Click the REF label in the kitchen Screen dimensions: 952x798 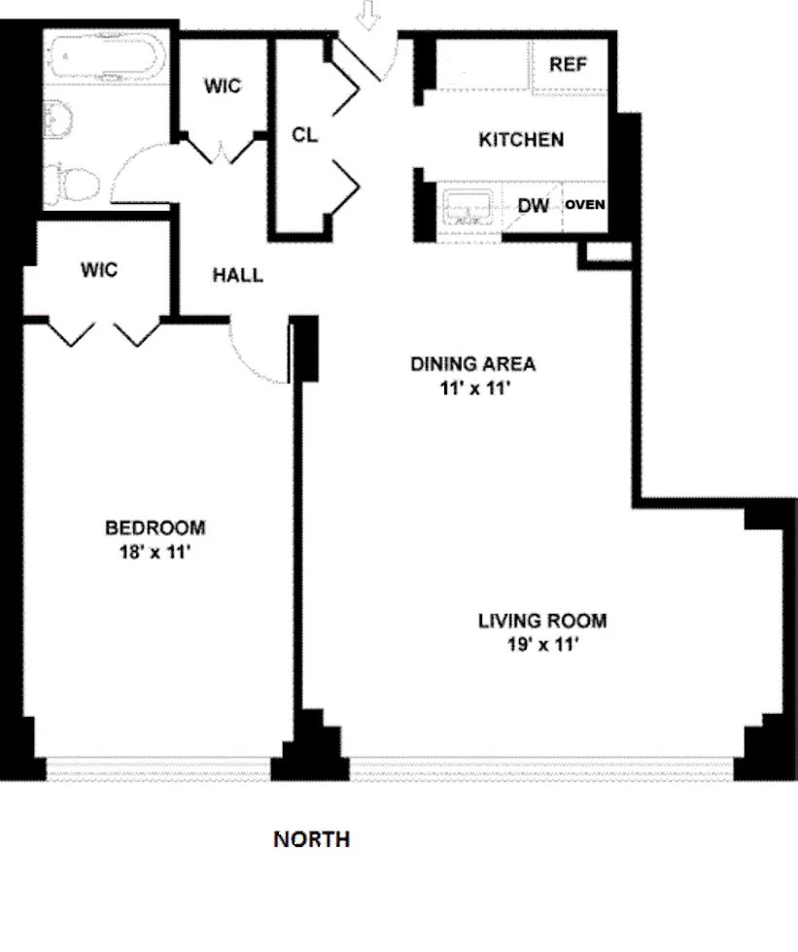click(569, 65)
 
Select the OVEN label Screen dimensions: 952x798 click(586, 204)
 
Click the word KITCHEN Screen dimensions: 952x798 click(521, 140)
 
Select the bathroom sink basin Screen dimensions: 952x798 click(57, 119)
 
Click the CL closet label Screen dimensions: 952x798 click(305, 135)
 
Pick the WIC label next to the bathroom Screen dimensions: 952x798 click(222, 85)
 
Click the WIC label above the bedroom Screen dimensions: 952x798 click(99, 269)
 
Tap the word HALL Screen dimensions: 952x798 click(237, 275)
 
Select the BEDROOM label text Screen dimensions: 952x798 click(156, 528)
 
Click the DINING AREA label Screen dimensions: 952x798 click(473, 364)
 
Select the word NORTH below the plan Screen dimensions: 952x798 click(311, 839)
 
